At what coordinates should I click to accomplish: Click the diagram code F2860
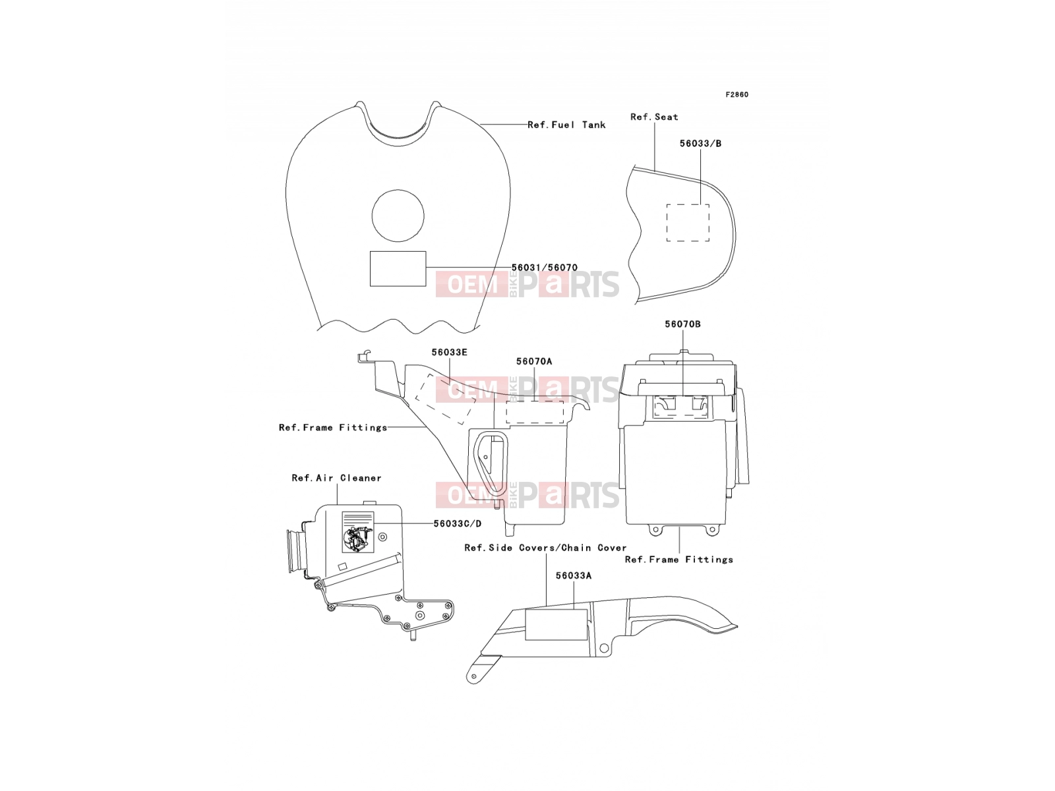(x=737, y=95)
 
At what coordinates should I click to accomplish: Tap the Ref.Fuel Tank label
(x=566, y=125)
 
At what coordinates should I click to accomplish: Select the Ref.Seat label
(x=654, y=117)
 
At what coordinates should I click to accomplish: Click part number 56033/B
(x=700, y=143)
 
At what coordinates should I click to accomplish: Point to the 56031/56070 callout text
(x=545, y=268)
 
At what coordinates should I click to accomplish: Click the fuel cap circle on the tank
(x=398, y=216)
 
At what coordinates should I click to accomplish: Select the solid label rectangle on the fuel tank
(x=398, y=268)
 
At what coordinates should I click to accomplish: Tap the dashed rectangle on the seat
(x=687, y=222)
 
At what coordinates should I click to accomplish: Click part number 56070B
(x=682, y=324)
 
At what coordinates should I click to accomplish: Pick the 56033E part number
(x=449, y=352)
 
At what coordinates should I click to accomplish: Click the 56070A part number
(x=534, y=361)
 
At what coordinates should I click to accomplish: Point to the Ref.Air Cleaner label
(x=336, y=478)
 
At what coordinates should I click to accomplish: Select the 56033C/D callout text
(x=457, y=523)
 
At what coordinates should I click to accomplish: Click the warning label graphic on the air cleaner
(x=357, y=532)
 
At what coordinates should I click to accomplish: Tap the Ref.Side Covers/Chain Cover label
(x=545, y=548)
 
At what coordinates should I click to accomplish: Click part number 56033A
(x=574, y=575)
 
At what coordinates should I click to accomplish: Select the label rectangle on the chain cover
(x=556, y=624)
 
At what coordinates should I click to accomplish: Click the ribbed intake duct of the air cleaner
(x=296, y=551)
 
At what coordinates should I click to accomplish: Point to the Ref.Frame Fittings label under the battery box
(x=678, y=560)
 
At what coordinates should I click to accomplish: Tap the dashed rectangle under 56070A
(x=535, y=412)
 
